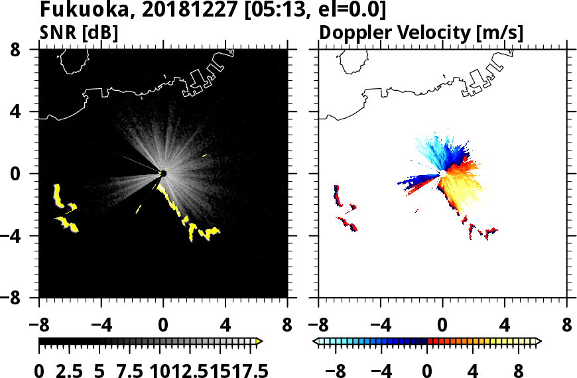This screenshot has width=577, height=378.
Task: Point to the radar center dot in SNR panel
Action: pyautogui.click(x=163, y=174)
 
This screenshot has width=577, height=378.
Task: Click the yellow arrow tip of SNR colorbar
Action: pyautogui.click(x=259, y=342)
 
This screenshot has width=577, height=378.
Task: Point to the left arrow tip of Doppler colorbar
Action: pyautogui.click(x=316, y=342)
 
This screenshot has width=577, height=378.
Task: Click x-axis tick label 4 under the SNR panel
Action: pyautogui.click(x=225, y=326)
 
